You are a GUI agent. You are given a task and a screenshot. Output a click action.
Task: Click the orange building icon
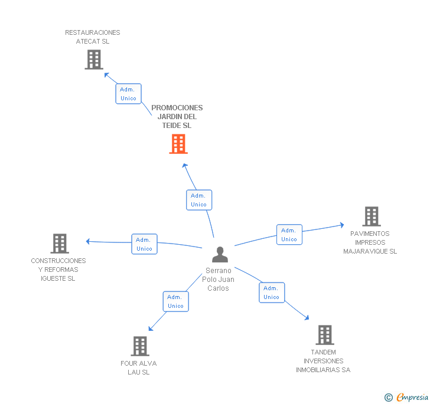[x=178, y=144]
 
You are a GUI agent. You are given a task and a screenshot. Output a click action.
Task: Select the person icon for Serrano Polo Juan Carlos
[x=220, y=254]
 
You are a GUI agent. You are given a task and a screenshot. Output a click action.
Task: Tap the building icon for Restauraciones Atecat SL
[x=94, y=60]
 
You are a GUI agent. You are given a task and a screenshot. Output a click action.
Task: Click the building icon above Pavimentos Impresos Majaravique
[x=372, y=216]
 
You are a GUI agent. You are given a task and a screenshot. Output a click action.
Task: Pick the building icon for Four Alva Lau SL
[x=140, y=346]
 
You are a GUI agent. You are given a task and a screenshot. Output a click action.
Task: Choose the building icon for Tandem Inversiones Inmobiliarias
[x=325, y=335]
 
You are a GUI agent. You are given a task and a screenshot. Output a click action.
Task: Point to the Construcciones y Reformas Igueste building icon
[x=60, y=244]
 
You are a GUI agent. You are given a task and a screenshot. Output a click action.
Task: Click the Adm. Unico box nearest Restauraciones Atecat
[x=128, y=94]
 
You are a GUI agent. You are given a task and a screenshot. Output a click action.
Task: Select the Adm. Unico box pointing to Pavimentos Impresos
[x=289, y=235]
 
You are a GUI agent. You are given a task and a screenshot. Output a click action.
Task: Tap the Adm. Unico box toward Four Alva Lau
[x=176, y=301]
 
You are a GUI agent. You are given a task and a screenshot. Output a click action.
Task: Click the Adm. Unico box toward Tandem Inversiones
[x=272, y=293]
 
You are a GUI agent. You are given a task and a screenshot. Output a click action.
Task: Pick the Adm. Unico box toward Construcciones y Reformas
[x=144, y=244]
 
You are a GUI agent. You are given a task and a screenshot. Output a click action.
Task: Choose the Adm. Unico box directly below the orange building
[x=199, y=200]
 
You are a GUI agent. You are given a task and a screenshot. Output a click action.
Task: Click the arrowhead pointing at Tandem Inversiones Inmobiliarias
[x=307, y=318]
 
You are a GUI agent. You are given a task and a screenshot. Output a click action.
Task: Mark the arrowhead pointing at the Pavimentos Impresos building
[x=342, y=225]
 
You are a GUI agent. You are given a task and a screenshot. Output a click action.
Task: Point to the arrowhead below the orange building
[x=185, y=166]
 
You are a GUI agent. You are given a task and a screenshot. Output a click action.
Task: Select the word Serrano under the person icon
[x=219, y=271]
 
